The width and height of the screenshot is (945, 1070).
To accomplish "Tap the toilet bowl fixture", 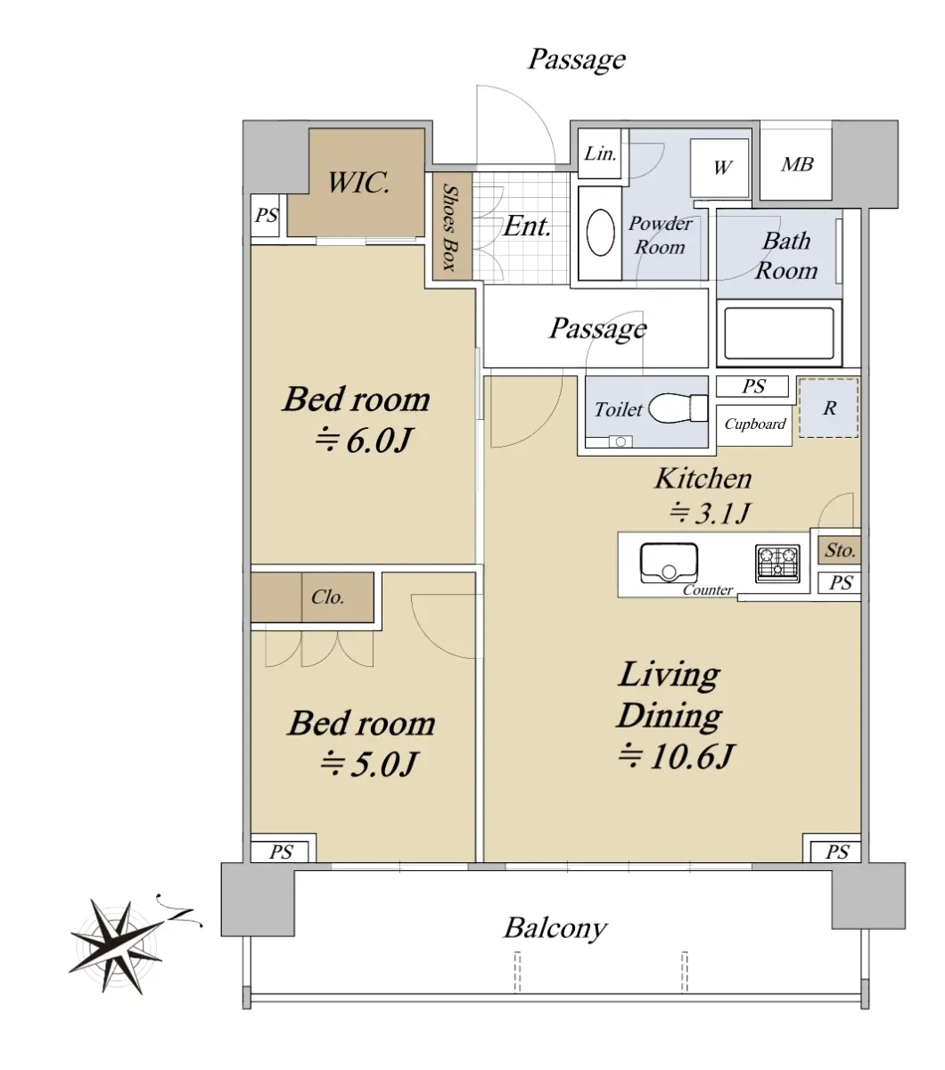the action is pos(678,408).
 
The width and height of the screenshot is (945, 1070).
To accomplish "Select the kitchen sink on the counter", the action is pos(669,563).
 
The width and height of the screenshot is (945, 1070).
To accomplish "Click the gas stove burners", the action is pos(777,564).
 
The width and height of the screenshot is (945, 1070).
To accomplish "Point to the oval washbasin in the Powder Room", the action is pos(601,233).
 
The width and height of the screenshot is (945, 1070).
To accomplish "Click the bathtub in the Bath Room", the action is pos(778,333).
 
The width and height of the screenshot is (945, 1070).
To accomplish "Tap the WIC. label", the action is pos(358,183).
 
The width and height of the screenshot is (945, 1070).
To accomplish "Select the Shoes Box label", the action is pos(449,227).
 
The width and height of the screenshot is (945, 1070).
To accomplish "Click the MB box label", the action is pos(797,164).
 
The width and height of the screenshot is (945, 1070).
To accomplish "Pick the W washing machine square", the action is pos(719,168).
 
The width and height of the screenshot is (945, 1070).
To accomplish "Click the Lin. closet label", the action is pos(600,153).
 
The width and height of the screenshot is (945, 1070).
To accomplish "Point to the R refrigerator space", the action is pos(828,407).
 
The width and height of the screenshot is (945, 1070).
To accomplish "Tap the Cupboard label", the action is pos(755,424).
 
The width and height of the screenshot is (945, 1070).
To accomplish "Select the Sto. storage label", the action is pos(840,550).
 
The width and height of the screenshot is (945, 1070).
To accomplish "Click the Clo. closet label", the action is pos(327,597).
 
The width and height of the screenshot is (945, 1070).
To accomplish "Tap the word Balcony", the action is pos(555,929).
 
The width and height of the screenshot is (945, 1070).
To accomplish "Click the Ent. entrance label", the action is pos(527,226).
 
